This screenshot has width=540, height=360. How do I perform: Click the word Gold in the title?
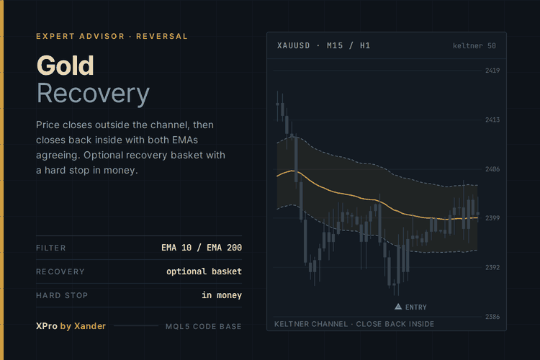pyautogui.click(x=65, y=66)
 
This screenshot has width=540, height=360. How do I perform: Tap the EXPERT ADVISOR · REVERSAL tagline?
pyautogui.click(x=112, y=36)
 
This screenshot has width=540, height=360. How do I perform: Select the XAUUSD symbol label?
pyautogui.click(x=294, y=45)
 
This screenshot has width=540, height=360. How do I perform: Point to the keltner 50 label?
pyautogui.click(x=474, y=46)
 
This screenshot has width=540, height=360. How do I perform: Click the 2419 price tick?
pyautogui.click(x=492, y=71)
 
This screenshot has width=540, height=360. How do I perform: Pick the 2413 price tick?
pyautogui.click(x=492, y=120)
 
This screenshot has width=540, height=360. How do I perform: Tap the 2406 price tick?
pyautogui.click(x=492, y=169)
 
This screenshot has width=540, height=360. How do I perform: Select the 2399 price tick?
pyautogui.click(x=492, y=218)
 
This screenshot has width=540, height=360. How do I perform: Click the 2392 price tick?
pyautogui.click(x=492, y=267)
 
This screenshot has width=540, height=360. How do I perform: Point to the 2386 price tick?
pyautogui.click(x=492, y=317)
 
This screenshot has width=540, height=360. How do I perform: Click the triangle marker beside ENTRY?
pyautogui.click(x=398, y=307)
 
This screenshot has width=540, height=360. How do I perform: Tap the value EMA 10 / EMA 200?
pyautogui.click(x=202, y=248)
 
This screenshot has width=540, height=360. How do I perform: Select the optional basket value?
pyautogui.click(x=204, y=271)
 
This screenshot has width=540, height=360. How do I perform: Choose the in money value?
pyautogui.click(x=222, y=295)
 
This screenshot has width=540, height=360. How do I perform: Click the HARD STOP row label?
pyautogui.click(x=62, y=295)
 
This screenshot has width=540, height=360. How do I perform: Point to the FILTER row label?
pyautogui.click(x=51, y=248)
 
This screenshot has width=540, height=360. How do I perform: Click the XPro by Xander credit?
pyautogui.click(x=71, y=326)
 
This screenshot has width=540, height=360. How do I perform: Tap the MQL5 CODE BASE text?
pyautogui.click(x=204, y=326)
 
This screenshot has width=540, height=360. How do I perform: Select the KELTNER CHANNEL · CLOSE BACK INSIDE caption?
pyautogui.click(x=354, y=324)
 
